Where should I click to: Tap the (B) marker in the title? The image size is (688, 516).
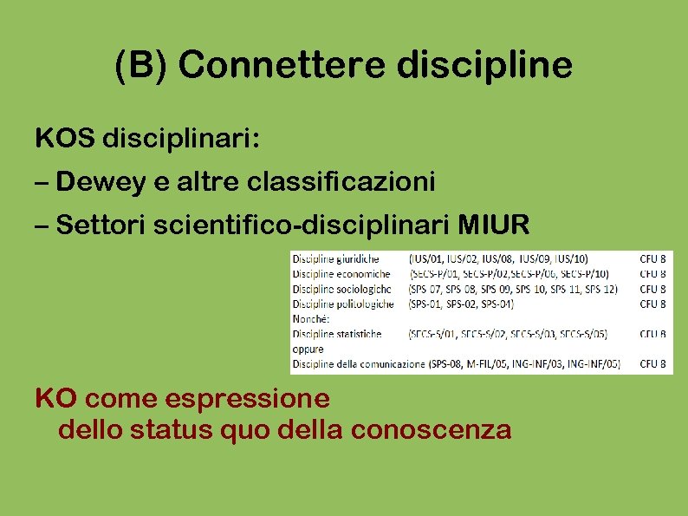point(143,66)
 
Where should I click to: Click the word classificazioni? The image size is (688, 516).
point(341,182)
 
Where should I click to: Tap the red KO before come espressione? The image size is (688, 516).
point(56,399)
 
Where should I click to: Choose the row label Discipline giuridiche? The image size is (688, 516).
point(336,258)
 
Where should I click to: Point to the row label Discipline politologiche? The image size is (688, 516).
point(343,304)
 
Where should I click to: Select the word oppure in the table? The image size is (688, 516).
point(308,349)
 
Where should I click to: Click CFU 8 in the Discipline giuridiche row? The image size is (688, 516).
point(653,258)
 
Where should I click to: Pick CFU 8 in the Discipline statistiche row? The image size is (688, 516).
point(653,334)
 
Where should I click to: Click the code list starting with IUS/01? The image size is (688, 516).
point(498,258)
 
